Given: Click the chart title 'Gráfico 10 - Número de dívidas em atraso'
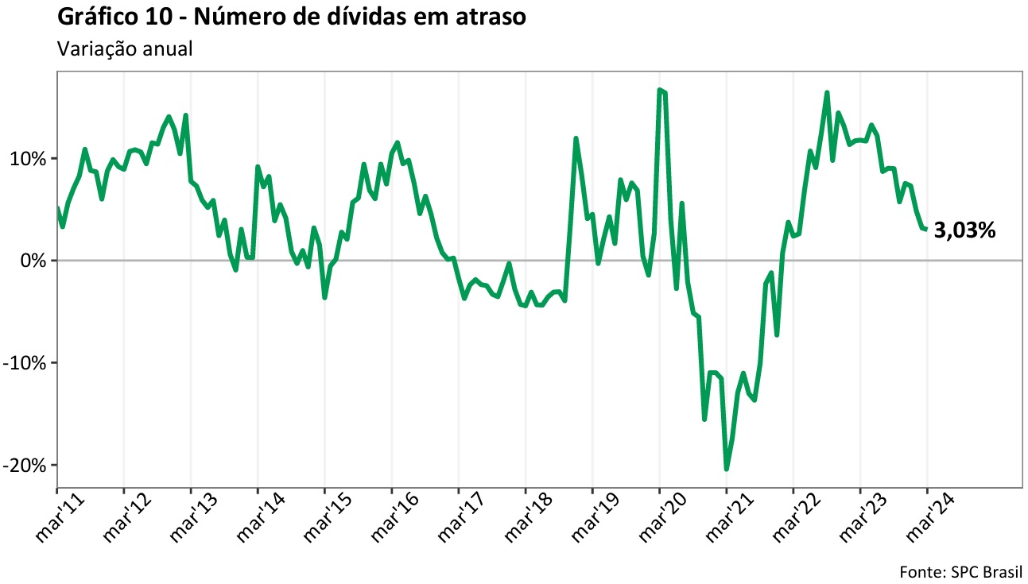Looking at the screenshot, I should pyautogui.click(x=292, y=17).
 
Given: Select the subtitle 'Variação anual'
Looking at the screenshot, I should pyautogui.click(x=125, y=48).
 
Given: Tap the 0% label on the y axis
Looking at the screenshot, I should pyautogui.click(x=36, y=261).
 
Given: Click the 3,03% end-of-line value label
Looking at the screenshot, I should pyautogui.click(x=964, y=231).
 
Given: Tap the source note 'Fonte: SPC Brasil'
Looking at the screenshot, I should pyautogui.click(x=960, y=571).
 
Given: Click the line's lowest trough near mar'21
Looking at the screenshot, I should pyautogui.click(x=726, y=469).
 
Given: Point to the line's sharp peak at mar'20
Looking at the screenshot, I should pyautogui.click(x=659, y=90).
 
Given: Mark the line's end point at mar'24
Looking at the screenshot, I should pyautogui.click(x=926, y=230).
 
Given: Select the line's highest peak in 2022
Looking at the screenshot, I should pyautogui.click(x=827, y=93).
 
